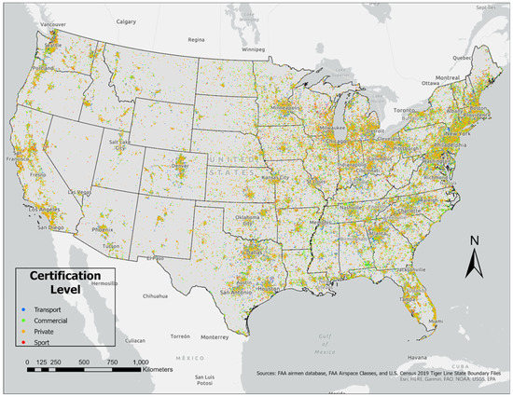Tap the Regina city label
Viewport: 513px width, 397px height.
point(196,40)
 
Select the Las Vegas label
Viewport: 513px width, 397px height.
point(82,192)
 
